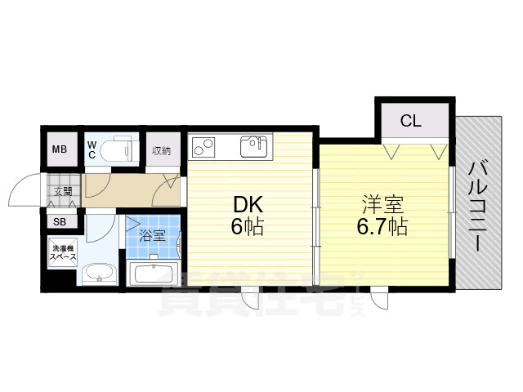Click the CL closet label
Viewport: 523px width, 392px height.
click(x=411, y=122)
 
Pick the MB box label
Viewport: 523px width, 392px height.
click(x=60, y=149)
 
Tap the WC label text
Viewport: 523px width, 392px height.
click(x=92, y=149)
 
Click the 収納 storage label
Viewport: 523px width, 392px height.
click(x=161, y=150)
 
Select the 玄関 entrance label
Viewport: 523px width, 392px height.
click(x=63, y=191)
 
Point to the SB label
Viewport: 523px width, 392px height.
click(x=60, y=221)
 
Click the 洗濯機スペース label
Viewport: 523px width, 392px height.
click(x=62, y=252)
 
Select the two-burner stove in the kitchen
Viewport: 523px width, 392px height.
click(x=203, y=148)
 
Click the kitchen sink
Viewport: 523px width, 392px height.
click(x=253, y=148)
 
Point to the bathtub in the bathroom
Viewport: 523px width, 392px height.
click(x=154, y=274)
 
